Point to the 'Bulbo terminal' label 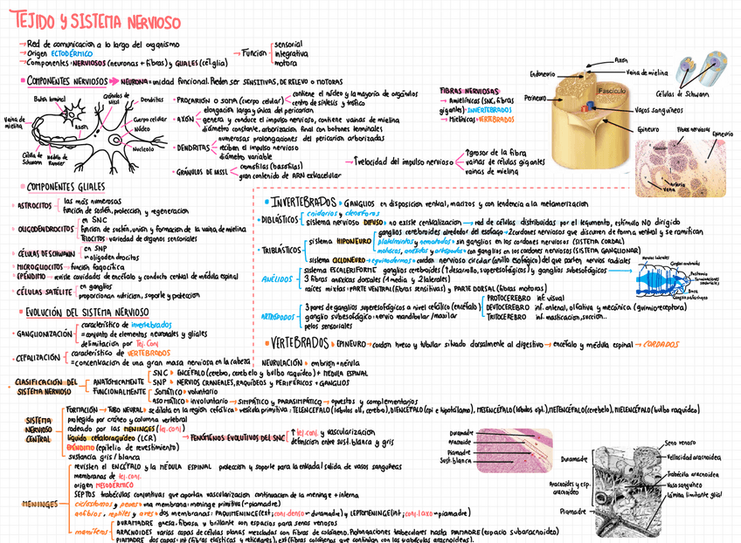coord(49,100)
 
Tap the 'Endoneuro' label coord(543,74)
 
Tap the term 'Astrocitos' coord(35,206)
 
